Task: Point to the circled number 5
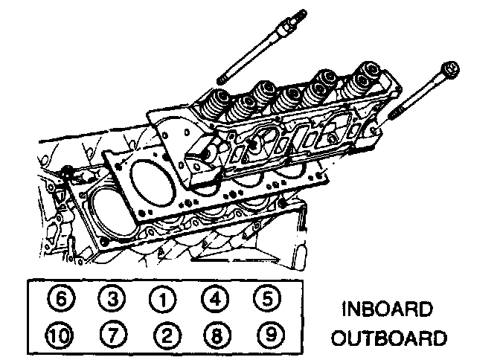tap(264, 300)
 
